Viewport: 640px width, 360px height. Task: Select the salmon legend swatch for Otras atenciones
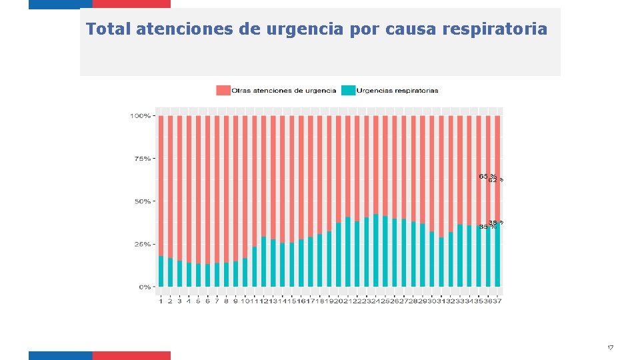coord(223,90)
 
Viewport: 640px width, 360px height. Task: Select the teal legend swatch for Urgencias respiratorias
coord(348,90)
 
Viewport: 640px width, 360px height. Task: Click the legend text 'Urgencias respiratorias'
coord(397,90)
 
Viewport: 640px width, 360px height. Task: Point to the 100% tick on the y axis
coord(140,116)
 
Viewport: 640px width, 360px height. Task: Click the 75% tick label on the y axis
coord(142,159)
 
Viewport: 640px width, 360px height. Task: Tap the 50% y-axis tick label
coord(142,201)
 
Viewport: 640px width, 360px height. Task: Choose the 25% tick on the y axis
coord(142,244)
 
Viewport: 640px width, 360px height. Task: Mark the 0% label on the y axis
coord(144,287)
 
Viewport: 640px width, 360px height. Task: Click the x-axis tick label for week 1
coord(161,301)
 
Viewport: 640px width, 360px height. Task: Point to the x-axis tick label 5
coord(198,301)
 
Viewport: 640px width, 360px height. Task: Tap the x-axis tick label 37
coord(497,301)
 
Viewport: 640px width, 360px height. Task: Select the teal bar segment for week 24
coord(376,251)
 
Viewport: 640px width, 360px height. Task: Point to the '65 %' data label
coord(487,176)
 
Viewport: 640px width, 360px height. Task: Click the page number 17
coord(610,348)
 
